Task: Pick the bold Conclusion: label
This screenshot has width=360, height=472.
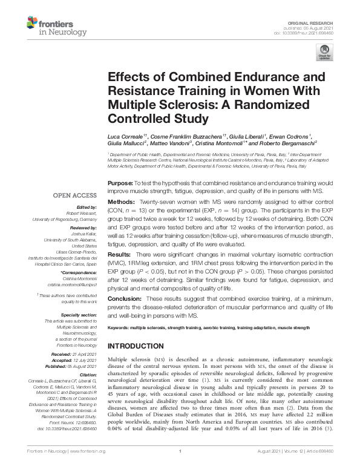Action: [126, 299]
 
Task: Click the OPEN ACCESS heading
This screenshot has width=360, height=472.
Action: [74, 195]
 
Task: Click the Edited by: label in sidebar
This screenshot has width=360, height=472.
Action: [87, 207]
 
